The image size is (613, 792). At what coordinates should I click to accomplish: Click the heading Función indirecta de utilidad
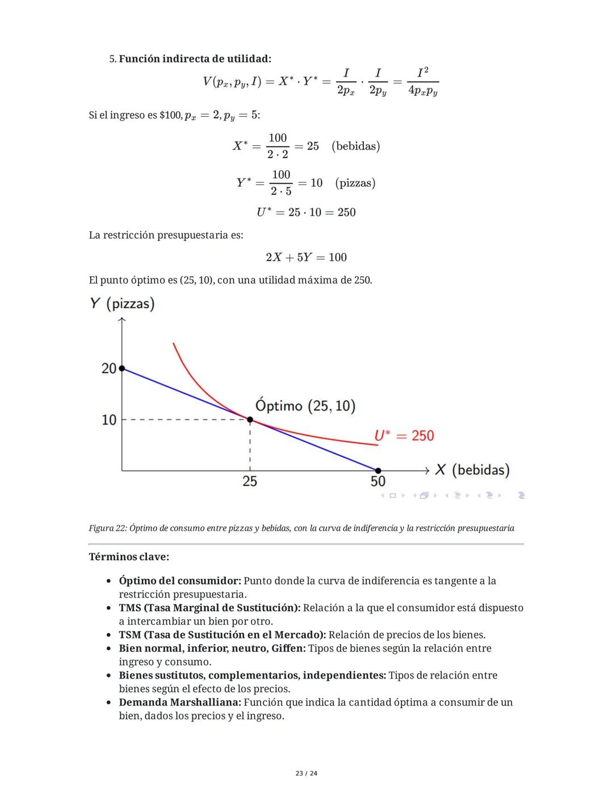(195, 59)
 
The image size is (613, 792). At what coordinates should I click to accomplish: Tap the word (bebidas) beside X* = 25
(356, 146)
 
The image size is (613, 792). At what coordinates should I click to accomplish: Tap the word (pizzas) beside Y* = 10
(355, 183)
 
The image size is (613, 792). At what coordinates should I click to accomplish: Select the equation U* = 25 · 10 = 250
(306, 213)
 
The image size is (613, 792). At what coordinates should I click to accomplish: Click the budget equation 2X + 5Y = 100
(306, 257)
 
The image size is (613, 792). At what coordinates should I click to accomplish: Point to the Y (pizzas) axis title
(122, 304)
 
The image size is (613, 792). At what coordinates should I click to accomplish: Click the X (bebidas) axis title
(472, 470)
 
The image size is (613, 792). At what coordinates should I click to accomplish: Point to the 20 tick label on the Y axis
(108, 369)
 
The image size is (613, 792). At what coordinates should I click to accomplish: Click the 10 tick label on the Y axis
(108, 420)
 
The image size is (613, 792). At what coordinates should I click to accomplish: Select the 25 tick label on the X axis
(250, 481)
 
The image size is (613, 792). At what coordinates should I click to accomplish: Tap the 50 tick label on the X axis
(378, 481)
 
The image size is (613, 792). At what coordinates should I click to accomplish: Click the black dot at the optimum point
(250, 420)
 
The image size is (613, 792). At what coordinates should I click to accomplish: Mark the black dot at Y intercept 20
(121, 368)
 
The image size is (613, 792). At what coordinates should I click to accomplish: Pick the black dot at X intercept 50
(378, 471)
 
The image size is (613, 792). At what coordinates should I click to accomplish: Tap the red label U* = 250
(404, 436)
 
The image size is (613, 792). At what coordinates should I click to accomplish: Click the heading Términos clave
(129, 557)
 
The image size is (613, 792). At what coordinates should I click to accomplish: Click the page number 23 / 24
(306, 773)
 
